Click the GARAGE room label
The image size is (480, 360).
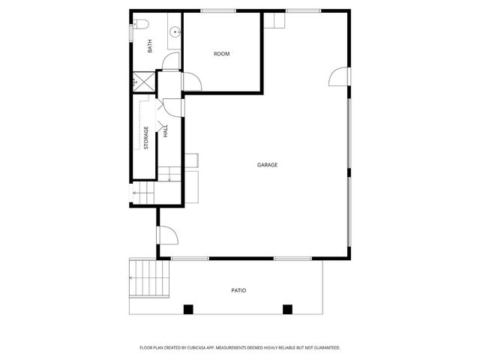267,164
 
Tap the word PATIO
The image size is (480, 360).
238,290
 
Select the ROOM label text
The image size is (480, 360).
221,53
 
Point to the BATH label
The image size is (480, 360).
150,46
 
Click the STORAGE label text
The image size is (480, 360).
146,137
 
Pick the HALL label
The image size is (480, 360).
166,131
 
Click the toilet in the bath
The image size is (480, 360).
136,25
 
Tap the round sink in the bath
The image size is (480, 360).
174,31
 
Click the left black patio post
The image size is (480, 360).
188,308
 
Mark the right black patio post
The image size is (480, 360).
286,308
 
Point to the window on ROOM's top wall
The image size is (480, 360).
218,10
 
